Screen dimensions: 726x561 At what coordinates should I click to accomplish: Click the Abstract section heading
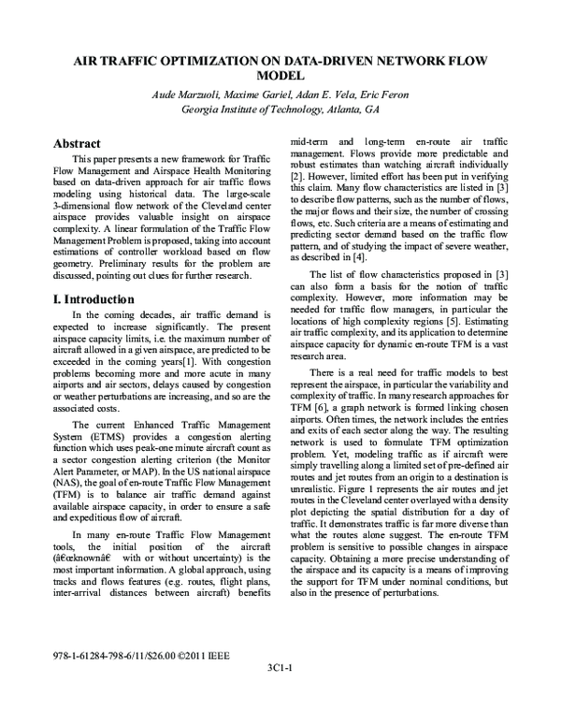(77, 144)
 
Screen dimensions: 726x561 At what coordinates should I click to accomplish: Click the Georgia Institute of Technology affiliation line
(280, 109)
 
